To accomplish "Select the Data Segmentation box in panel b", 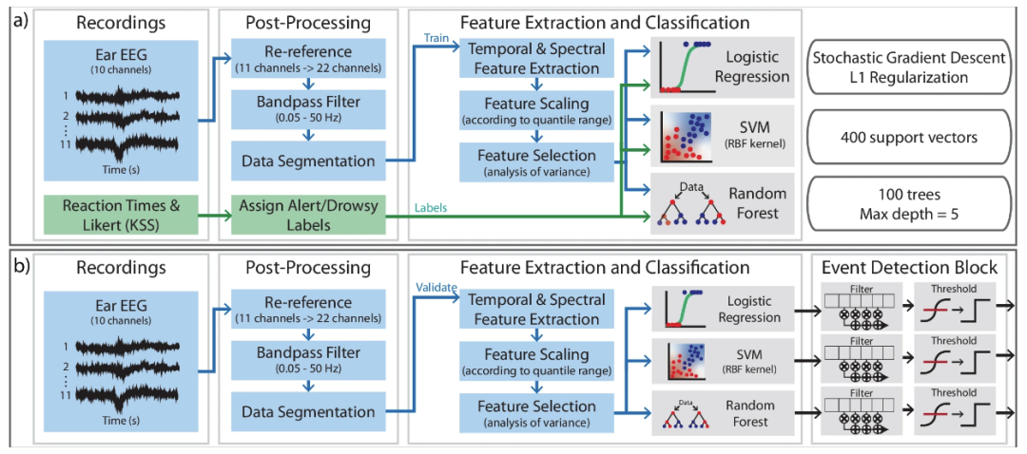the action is pos(306,412).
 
